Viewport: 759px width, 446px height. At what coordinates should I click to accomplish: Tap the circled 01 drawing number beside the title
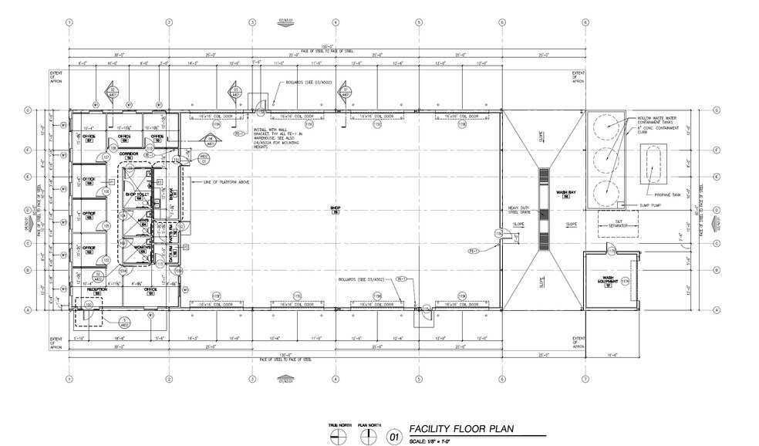point(394,437)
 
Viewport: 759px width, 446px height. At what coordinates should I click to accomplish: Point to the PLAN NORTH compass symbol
point(365,437)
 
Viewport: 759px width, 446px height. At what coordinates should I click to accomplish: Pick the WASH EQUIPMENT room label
point(607,280)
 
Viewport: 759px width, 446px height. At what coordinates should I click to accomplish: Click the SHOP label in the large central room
point(336,209)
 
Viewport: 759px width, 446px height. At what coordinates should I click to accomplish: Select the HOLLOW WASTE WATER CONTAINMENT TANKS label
point(656,120)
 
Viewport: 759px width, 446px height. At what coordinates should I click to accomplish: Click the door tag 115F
point(216,296)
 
